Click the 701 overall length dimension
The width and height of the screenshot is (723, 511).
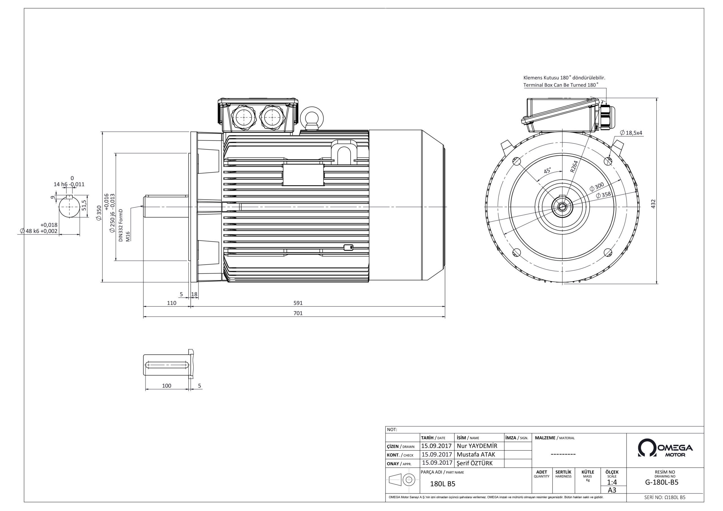click(298, 313)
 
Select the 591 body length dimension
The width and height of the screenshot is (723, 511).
click(298, 303)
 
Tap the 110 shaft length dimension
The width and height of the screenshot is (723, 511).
click(172, 303)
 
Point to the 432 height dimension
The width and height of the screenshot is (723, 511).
click(653, 204)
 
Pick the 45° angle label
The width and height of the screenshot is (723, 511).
click(548, 171)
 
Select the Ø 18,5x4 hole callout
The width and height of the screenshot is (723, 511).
click(631, 133)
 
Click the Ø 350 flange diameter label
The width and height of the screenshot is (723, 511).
click(99, 213)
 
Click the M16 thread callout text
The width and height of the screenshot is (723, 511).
click(128, 236)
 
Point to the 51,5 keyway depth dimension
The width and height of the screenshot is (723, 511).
click(84, 205)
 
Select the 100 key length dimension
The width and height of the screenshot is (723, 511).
click(167, 386)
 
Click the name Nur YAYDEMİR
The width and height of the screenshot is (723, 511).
click(477, 446)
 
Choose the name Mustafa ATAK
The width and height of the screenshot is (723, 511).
click(476, 454)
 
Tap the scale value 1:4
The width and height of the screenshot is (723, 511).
click(612, 482)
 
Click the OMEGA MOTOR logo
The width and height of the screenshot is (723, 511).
click(665, 447)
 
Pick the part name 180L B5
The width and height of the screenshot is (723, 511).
click(443, 484)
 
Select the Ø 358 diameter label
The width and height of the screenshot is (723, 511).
click(603, 195)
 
